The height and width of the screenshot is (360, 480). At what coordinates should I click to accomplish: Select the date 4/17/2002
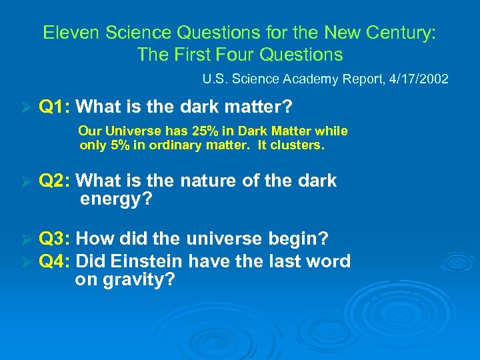point(421,79)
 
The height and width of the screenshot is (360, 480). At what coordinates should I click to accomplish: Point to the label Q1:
point(56,107)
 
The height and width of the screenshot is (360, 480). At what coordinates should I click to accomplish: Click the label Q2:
point(56,181)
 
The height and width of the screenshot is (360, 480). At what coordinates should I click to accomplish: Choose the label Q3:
point(56,238)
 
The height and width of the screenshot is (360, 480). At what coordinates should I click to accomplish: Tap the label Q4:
point(56,261)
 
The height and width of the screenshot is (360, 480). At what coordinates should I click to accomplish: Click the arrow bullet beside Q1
point(27,107)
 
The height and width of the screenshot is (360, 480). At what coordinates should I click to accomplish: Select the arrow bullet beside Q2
point(27,181)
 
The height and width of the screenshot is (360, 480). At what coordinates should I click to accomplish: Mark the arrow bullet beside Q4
point(27,262)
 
